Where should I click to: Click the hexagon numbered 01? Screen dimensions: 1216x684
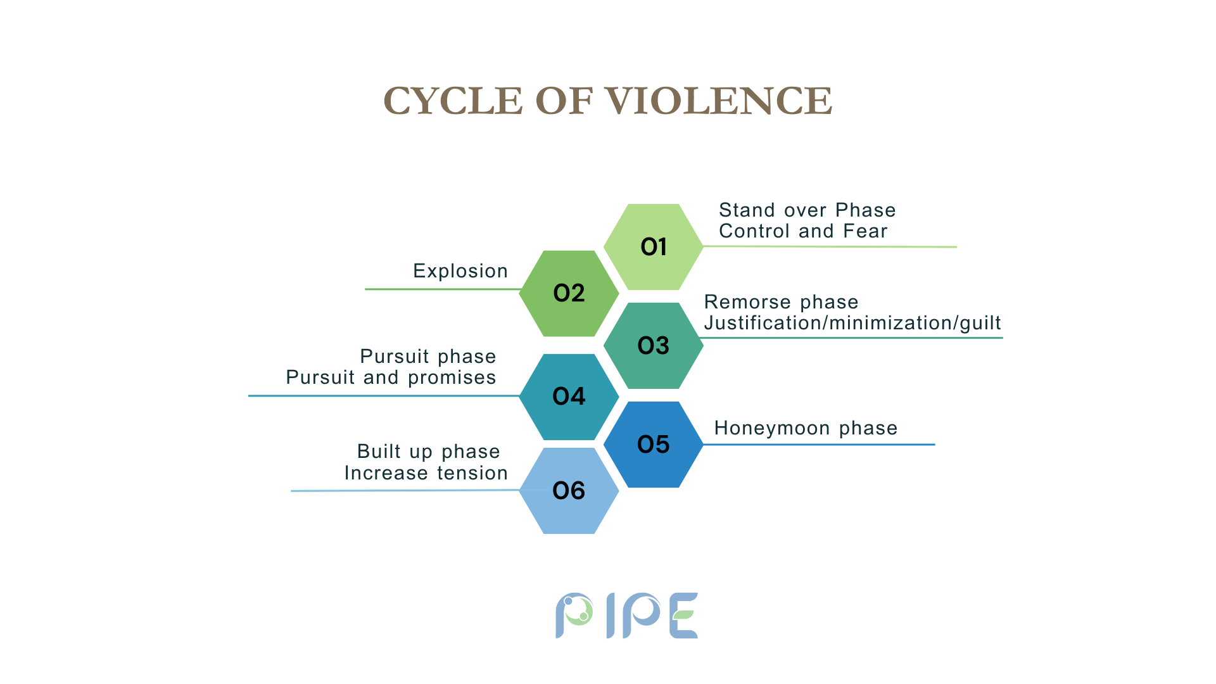(x=654, y=247)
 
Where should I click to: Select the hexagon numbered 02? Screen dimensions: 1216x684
(x=569, y=293)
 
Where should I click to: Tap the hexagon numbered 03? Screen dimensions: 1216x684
(x=654, y=346)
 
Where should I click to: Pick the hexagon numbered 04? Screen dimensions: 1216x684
(x=569, y=397)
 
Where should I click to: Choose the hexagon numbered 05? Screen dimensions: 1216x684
(x=654, y=445)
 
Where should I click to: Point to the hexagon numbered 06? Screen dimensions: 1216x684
(x=569, y=491)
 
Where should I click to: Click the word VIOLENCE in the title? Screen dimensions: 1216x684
(x=718, y=101)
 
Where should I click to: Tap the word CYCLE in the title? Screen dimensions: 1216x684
(x=453, y=101)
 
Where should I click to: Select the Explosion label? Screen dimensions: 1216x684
(x=460, y=271)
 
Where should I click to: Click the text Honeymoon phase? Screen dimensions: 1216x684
(x=806, y=429)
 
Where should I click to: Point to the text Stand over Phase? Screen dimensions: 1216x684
(x=807, y=210)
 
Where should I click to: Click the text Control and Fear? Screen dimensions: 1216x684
(x=803, y=231)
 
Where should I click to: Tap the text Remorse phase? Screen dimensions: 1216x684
(x=781, y=302)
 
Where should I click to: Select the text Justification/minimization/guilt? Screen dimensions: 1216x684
(x=852, y=323)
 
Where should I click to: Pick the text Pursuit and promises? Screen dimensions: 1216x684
(x=391, y=377)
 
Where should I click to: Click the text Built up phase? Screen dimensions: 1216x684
(x=429, y=452)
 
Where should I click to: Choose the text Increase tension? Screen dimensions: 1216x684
(x=426, y=473)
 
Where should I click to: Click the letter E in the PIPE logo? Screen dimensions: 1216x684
(x=683, y=616)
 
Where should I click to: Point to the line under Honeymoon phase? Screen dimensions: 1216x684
(x=819, y=445)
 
